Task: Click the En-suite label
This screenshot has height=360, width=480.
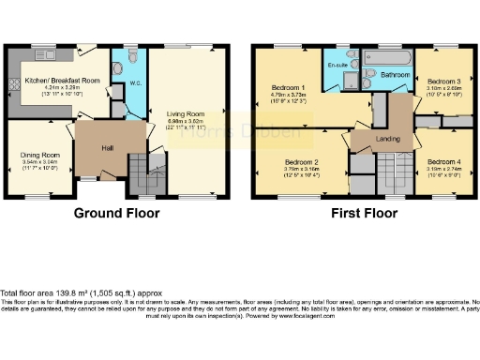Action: point(338,66)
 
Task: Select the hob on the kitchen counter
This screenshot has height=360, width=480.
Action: point(13,84)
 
